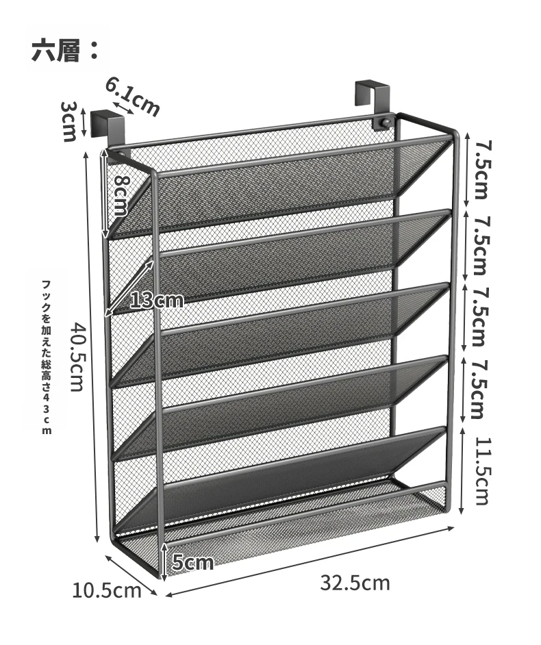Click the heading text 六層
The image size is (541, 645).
point(55,50)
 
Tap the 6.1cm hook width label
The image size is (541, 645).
point(132,97)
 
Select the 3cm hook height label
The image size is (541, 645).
point(69,121)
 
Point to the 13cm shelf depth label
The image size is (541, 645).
point(156,301)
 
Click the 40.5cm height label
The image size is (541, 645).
point(78,356)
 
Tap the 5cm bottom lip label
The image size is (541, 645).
point(192,562)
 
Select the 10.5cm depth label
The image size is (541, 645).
point(107,591)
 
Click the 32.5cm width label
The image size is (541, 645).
point(355,583)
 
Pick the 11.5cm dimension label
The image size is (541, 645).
point(482,470)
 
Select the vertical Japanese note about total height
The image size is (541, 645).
point(47,357)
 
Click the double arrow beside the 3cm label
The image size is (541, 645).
point(84,122)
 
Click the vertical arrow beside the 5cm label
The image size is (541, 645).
point(164,561)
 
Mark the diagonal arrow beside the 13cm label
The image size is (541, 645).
point(129,288)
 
